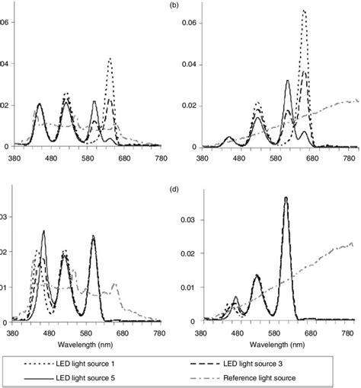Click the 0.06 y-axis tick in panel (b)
pos(186,23)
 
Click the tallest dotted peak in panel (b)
pos(304,11)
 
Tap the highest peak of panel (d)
pos(286,198)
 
